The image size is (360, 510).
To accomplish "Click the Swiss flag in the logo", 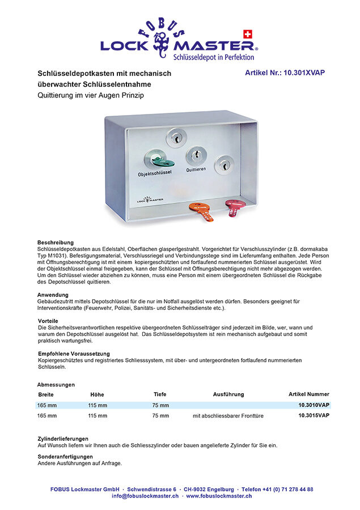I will point(247,33).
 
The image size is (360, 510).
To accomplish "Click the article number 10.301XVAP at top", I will point(285,73).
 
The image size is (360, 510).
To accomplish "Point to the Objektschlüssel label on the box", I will point(155,173).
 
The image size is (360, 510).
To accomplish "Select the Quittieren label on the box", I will point(196,169).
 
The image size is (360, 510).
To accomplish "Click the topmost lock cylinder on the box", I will point(176,137).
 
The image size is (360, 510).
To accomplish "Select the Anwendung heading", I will point(53,295).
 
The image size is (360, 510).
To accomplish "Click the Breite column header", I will point(46,394).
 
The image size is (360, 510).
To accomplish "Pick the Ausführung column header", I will point(228,394).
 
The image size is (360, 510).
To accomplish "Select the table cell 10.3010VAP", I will point(314,405).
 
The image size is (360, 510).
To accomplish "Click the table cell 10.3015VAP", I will point(314,415).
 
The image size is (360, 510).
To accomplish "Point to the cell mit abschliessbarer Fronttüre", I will point(228,416).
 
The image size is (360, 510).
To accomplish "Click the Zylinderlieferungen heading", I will point(62,439).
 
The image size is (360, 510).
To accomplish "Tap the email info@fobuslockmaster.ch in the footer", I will point(145,496).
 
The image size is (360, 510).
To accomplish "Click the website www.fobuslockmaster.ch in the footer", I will point(219,496).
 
